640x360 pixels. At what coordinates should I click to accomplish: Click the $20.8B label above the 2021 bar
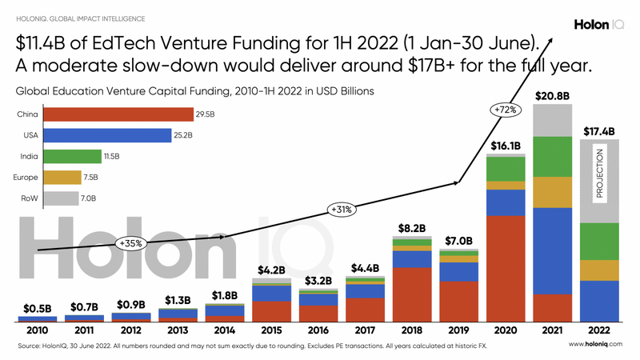point(553,95)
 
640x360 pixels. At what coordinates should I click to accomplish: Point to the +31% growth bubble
point(341,210)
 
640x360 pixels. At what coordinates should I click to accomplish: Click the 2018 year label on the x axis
point(413,330)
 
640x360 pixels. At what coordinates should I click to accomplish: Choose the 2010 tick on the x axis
point(37,330)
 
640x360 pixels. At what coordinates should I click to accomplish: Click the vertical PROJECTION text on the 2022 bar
point(599,173)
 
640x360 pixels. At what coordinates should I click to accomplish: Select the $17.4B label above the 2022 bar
point(599,130)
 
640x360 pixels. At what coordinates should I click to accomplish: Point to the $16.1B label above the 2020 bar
point(506,146)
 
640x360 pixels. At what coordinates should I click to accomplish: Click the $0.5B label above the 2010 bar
point(37,307)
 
